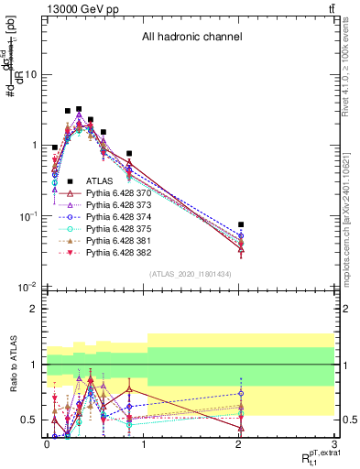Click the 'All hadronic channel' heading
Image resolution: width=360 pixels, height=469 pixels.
point(191,38)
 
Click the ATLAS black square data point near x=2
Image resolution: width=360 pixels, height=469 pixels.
point(241,224)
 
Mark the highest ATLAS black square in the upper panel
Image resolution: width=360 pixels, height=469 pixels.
point(79,109)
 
